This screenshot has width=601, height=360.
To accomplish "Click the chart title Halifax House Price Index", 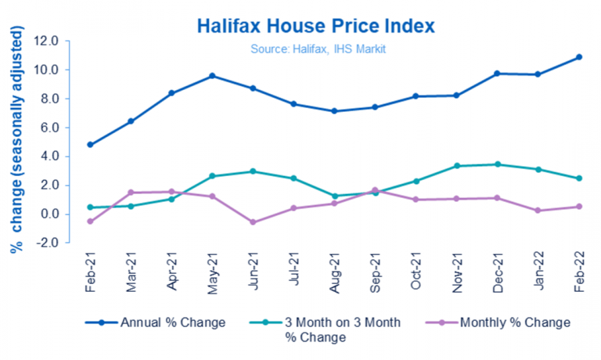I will click(315, 25).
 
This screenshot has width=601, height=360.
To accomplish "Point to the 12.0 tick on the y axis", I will click(48, 41).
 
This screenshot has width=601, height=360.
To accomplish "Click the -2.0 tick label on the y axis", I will click(48, 243).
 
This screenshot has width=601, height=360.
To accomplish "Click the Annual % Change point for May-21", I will click(211, 76).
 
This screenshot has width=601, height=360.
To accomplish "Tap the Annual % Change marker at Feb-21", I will click(90, 145).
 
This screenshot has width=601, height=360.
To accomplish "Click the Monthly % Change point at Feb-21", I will click(90, 221).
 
